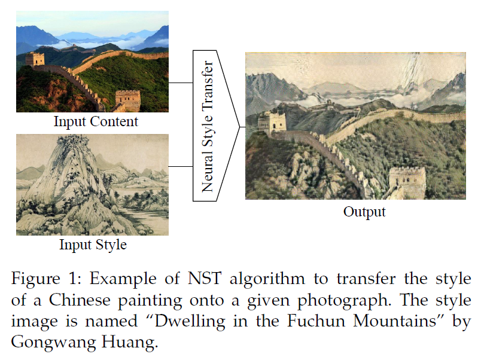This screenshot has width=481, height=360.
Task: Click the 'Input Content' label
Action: click(96, 121)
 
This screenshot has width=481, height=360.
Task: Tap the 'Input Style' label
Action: click(93, 245)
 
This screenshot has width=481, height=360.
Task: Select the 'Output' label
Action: click(364, 212)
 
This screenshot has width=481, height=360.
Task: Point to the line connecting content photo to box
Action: click(181, 83)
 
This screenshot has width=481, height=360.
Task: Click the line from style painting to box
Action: click(181, 166)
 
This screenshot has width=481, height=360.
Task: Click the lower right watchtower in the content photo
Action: click(128, 100)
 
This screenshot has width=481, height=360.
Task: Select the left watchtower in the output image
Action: click(272, 122)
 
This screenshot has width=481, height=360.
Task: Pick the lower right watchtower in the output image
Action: click(407, 182)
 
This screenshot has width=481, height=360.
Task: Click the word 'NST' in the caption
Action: click(204, 279)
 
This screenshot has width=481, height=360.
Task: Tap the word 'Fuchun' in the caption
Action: click(316, 321)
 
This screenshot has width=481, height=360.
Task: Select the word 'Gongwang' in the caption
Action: click(53, 343)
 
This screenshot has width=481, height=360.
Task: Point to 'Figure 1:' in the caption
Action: click(46, 279)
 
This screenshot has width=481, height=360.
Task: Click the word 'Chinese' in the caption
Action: click(80, 300)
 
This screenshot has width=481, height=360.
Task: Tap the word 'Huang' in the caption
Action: click(129, 343)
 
